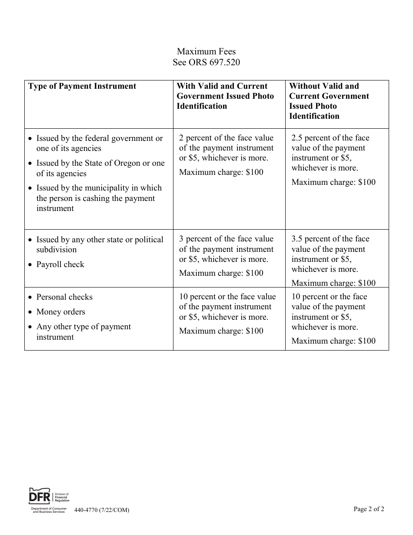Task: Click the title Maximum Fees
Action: (x=206, y=52)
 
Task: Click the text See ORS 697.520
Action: (x=206, y=62)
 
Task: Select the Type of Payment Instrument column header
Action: (x=82, y=86)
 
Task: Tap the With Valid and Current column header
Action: (x=225, y=96)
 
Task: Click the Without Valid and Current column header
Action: (x=329, y=101)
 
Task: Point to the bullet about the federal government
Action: (x=99, y=143)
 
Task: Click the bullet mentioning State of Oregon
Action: (x=100, y=168)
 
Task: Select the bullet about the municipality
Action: (x=99, y=198)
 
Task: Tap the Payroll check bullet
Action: (x=60, y=264)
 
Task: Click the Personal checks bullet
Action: (x=64, y=297)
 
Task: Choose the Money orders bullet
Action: (x=60, y=312)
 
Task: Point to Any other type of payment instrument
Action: (x=83, y=331)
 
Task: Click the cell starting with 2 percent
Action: (x=226, y=154)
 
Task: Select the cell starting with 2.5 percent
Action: (x=333, y=159)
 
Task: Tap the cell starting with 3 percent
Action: (x=226, y=256)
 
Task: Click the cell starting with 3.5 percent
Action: (x=333, y=260)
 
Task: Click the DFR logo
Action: (x=48, y=500)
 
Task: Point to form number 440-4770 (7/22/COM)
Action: (x=102, y=510)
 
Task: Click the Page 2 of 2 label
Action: (x=369, y=509)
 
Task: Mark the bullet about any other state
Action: (x=100, y=244)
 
